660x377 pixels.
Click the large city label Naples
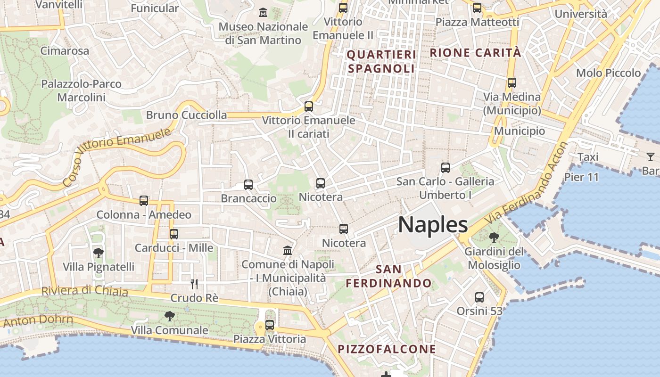pos(433,225)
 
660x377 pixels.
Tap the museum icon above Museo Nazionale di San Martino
pos(263,12)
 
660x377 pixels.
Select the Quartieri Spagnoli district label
pos(382,62)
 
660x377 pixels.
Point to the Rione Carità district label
pos(476,53)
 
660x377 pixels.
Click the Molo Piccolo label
pos(609,73)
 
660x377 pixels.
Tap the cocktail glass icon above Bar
pos(651,157)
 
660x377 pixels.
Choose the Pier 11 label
pos(581,178)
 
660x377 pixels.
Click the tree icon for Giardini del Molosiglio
pos(494,237)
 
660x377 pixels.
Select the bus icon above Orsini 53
pos(479,297)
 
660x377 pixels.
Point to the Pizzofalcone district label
pos(387,349)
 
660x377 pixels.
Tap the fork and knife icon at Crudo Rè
pos(194,284)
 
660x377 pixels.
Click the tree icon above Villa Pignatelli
pos(98,253)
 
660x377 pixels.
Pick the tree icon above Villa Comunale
pos(169,316)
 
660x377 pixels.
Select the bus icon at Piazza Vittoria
pos(270,325)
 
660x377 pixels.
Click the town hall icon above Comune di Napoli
pos(288,250)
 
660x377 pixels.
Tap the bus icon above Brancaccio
pos(248,185)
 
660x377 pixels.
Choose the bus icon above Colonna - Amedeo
pos(144,201)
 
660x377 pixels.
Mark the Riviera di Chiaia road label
pos(85,291)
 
